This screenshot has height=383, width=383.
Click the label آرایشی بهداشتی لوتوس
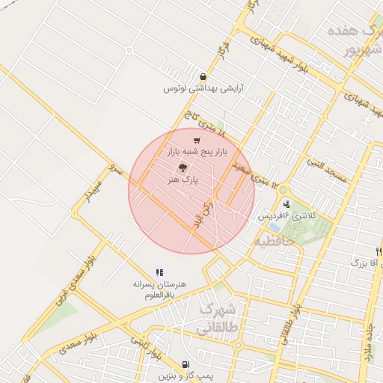[x=203, y=88]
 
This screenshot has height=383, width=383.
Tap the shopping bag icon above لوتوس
[x=203, y=76]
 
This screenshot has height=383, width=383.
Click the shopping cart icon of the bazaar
[x=197, y=140]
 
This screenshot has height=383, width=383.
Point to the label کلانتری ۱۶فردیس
[x=288, y=215]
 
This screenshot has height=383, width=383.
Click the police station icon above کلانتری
[x=287, y=204]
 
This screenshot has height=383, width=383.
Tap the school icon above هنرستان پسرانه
[x=159, y=273]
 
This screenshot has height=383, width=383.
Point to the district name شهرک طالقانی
[x=216, y=319]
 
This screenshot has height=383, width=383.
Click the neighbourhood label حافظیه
[x=272, y=242]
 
